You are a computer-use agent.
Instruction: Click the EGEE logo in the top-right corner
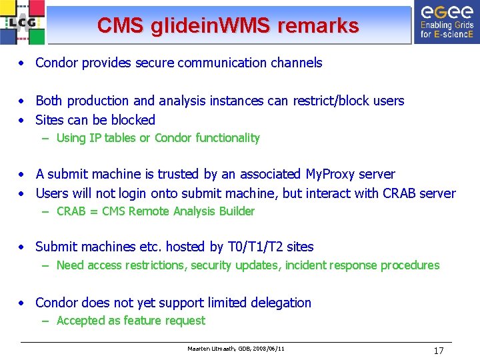[x=446, y=21]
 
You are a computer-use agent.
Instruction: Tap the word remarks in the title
[x=318, y=26]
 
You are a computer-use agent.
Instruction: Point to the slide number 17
[x=438, y=350]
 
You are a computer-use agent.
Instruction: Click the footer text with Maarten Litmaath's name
[x=237, y=349]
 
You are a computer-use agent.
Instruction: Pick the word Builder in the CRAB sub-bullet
[x=234, y=211]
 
